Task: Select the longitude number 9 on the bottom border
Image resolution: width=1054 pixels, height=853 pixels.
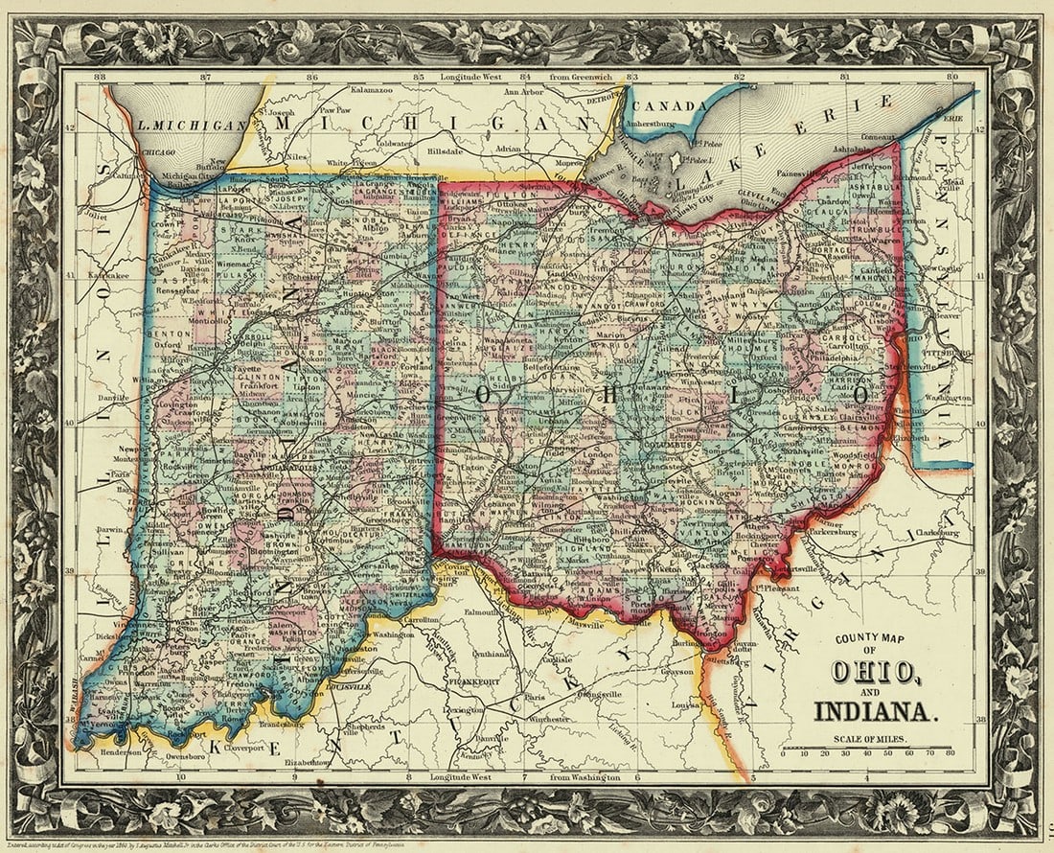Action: [x=296, y=778]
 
